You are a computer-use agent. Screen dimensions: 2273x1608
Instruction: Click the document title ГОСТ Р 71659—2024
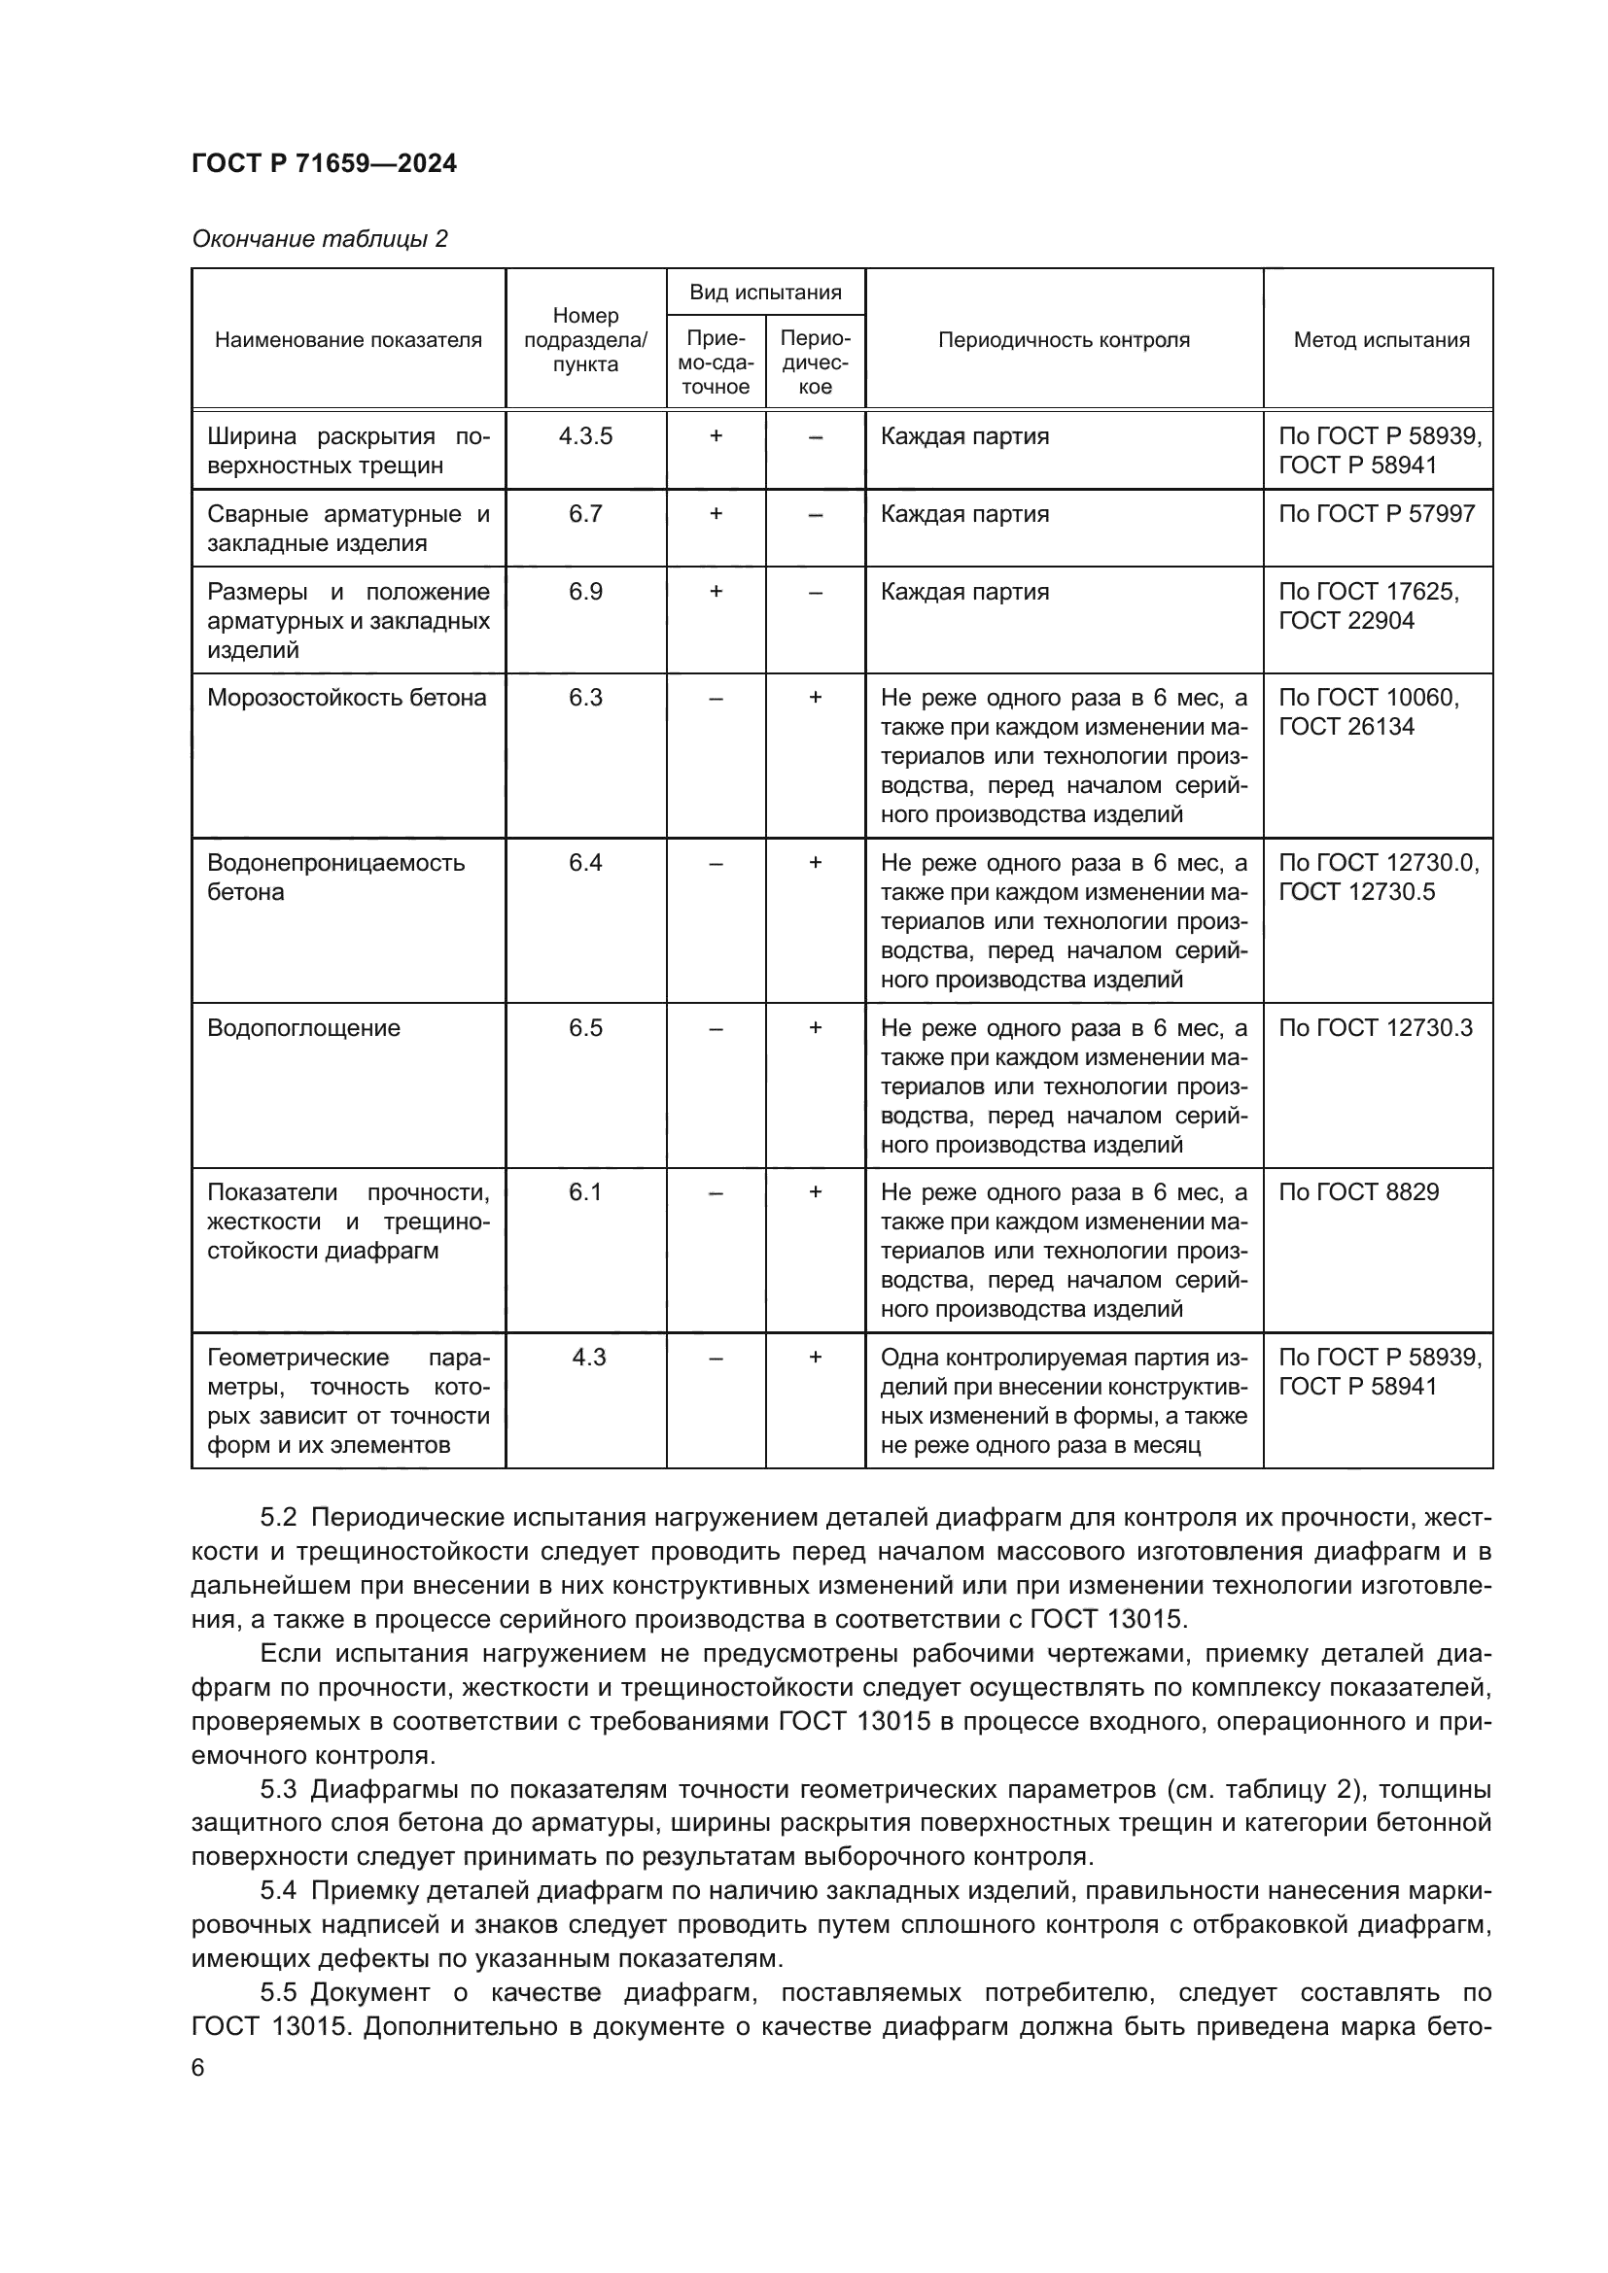pyautogui.click(x=324, y=163)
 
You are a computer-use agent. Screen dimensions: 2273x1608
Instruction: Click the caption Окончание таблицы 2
pyautogui.click(x=320, y=239)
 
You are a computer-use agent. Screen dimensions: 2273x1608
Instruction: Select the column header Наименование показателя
pyautogui.click(x=349, y=339)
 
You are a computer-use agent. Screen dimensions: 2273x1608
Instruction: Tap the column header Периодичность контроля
pyautogui.click(x=1064, y=339)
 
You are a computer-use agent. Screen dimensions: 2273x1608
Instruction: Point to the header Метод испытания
pyautogui.click(x=1381, y=339)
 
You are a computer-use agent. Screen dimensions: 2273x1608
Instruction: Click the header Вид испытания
pyautogui.click(x=765, y=293)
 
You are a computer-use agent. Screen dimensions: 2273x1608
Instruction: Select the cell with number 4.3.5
pyautogui.click(x=585, y=436)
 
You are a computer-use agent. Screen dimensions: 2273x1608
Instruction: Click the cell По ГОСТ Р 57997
pyautogui.click(x=1377, y=514)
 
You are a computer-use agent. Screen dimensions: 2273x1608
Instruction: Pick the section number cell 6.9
pyautogui.click(x=585, y=592)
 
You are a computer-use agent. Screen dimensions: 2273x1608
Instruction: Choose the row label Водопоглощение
pyautogui.click(x=304, y=1027)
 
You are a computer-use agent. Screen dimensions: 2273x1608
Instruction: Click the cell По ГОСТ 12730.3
pyautogui.click(x=1376, y=1027)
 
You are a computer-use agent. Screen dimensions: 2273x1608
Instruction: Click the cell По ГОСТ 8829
pyautogui.click(x=1358, y=1192)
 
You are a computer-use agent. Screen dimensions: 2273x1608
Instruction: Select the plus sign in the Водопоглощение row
pyautogui.click(x=815, y=1027)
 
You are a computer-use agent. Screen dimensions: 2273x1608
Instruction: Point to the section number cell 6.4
pyautogui.click(x=585, y=863)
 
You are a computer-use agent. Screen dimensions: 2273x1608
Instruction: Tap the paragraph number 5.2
pyautogui.click(x=278, y=1518)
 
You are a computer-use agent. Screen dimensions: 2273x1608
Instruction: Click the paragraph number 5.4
pyautogui.click(x=278, y=1891)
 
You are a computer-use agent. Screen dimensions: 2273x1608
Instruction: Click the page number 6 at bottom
pyautogui.click(x=198, y=2068)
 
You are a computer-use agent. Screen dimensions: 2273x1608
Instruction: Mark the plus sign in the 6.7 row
pyautogui.click(x=716, y=514)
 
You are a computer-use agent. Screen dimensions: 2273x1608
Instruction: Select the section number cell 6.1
pyautogui.click(x=585, y=1192)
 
